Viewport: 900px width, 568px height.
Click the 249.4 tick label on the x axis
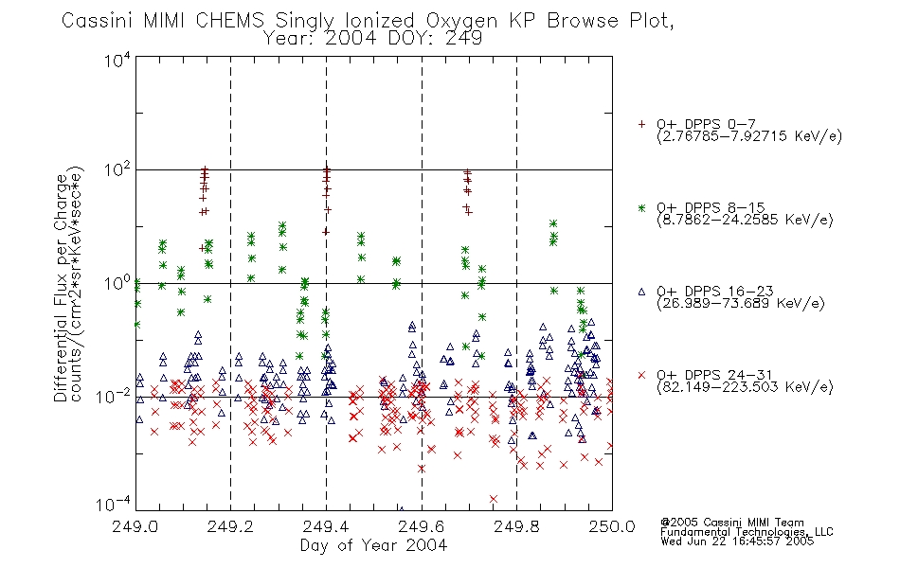click(x=326, y=526)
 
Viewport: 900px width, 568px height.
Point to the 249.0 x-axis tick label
click(x=135, y=526)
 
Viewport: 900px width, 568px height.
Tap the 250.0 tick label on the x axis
click(x=612, y=526)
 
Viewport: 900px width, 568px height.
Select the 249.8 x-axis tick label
click(x=516, y=526)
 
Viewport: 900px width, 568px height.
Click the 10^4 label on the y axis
click(x=117, y=60)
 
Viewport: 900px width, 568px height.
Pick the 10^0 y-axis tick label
click(x=117, y=283)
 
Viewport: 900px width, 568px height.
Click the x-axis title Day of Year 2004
click(x=373, y=545)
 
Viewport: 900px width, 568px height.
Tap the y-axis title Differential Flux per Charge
click(x=61, y=288)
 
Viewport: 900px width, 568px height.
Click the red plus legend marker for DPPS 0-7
click(x=641, y=124)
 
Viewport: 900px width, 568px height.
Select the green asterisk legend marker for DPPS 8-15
click(x=641, y=207)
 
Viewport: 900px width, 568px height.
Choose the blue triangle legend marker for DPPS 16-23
click(x=641, y=292)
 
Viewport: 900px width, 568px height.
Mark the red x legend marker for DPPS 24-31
click(x=641, y=375)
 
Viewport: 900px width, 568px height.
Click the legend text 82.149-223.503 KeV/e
click(x=745, y=387)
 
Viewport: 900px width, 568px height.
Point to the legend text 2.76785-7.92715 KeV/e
click(x=749, y=136)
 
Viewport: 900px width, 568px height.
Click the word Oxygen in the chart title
click(x=461, y=21)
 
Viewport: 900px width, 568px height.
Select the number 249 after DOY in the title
click(x=462, y=38)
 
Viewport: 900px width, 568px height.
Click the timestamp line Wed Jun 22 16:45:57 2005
click(x=737, y=541)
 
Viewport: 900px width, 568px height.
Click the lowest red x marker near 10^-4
click(x=493, y=499)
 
